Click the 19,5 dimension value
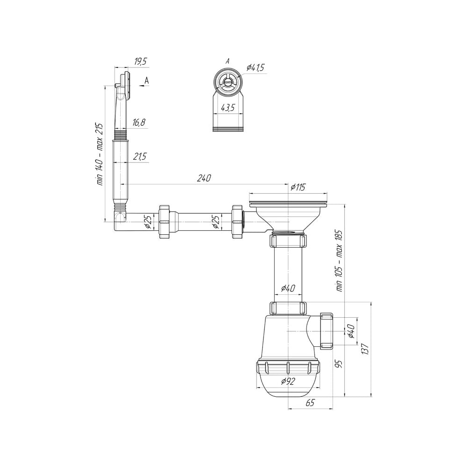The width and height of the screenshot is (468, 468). [x=141, y=61]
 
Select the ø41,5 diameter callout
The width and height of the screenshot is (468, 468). [x=255, y=68]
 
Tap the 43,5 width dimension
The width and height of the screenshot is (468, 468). [x=227, y=108]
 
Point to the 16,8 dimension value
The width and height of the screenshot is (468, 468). [x=139, y=122]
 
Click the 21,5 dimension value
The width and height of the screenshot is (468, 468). [x=139, y=156]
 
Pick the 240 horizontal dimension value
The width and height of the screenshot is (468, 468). [x=204, y=178]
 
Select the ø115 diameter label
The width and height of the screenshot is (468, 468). [x=298, y=187]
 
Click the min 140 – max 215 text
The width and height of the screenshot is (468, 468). [x=100, y=154]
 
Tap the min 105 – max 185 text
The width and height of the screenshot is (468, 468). [x=339, y=261]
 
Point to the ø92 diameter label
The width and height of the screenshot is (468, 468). [x=288, y=381]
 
